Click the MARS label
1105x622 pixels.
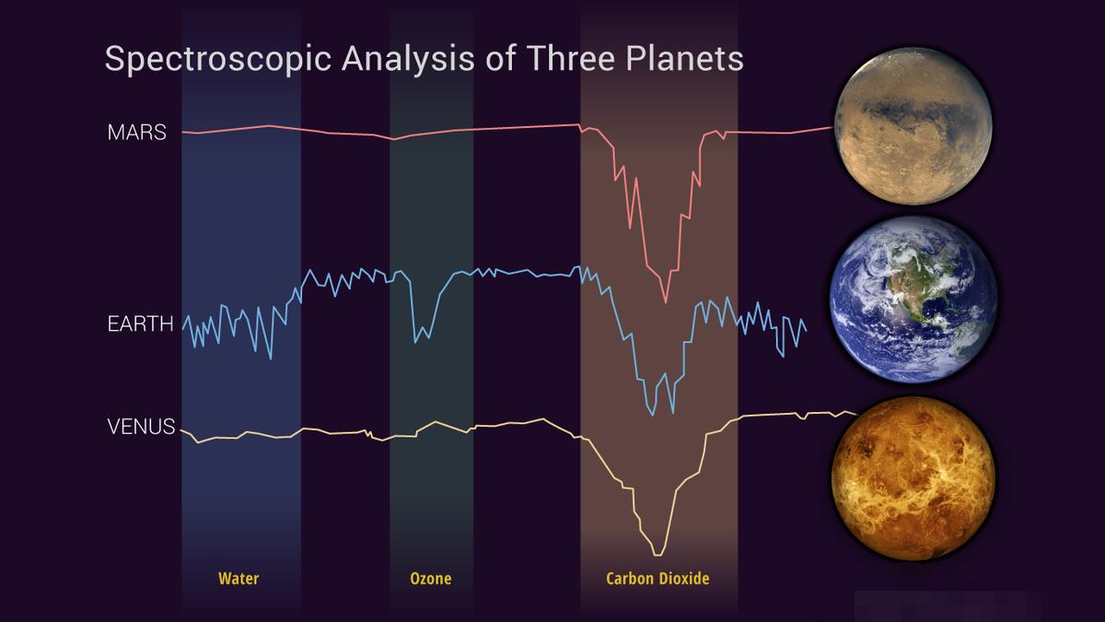[x=136, y=133]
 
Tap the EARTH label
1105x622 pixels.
[x=140, y=324]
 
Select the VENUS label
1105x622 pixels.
[x=141, y=427]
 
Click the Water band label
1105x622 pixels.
[x=238, y=579]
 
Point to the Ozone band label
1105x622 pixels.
[x=430, y=579]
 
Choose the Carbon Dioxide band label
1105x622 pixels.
[x=657, y=579]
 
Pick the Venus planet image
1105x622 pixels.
[x=913, y=476]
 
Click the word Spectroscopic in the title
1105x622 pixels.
[x=218, y=59]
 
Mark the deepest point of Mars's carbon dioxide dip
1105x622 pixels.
[x=666, y=300]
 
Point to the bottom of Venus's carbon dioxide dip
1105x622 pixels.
[x=657, y=554]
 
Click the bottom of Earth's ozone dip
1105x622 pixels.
[x=416, y=341]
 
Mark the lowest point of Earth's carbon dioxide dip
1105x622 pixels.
[x=652, y=415]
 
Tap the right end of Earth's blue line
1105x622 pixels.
[x=806, y=330]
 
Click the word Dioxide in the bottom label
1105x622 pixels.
[x=685, y=579]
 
